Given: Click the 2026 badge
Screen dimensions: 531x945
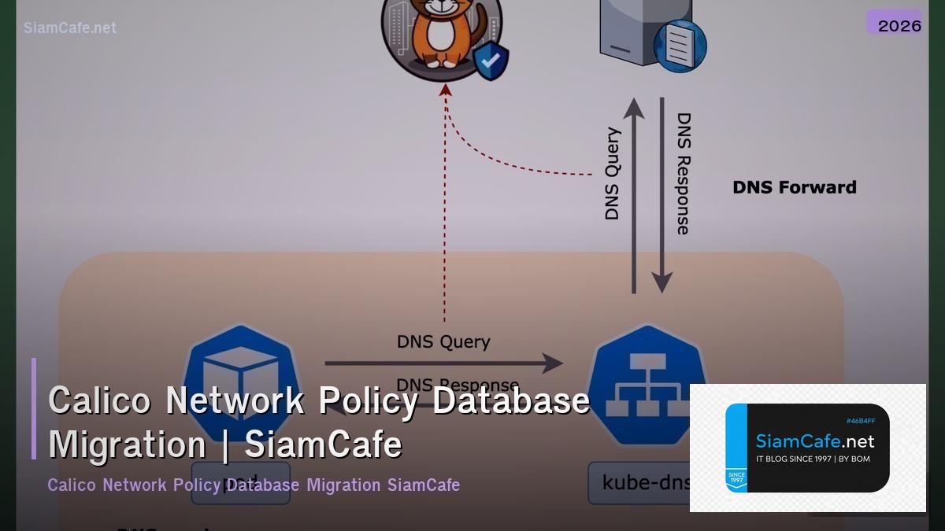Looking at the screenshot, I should pos(899,24).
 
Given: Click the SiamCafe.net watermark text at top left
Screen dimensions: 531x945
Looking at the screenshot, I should pos(70,28).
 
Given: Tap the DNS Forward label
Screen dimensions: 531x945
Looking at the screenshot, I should pos(794,187).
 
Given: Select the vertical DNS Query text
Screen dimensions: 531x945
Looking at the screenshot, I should pos(613,174).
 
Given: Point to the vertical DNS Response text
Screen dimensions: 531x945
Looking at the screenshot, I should pos(684,174).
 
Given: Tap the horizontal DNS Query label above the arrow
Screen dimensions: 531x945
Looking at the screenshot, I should pos(443,341).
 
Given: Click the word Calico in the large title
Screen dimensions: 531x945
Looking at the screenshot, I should pos(99,400).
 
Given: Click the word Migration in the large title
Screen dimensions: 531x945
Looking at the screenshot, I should pos(127,444).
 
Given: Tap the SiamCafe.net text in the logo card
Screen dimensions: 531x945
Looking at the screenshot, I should pos(815,441).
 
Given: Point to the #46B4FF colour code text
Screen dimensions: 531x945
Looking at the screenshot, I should pos(861,421).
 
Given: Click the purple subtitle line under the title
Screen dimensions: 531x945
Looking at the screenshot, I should pos(254,485).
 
